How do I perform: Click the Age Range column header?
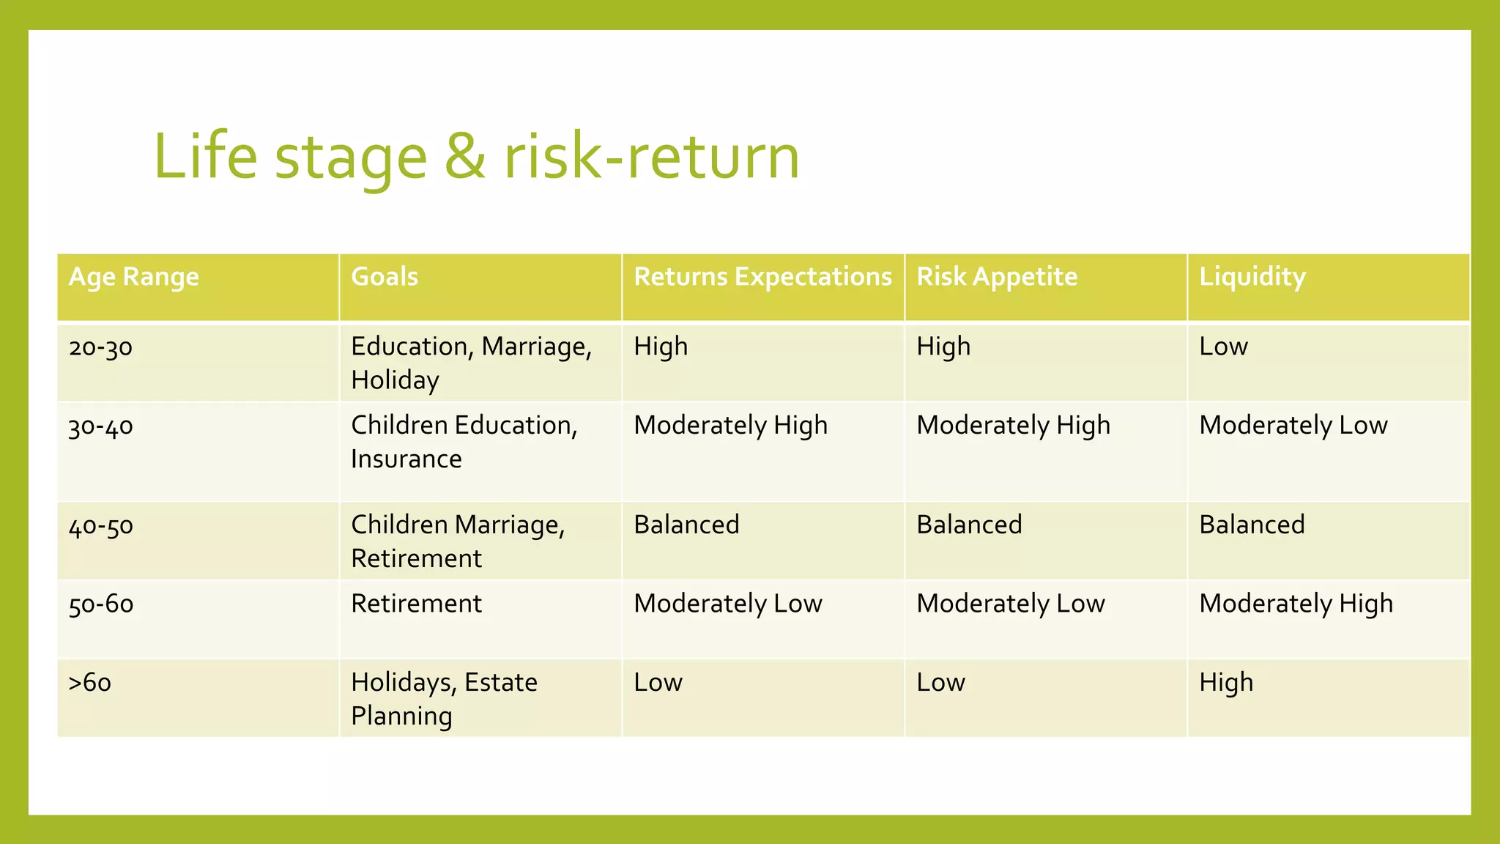click(x=133, y=277)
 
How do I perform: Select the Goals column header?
click(x=385, y=277)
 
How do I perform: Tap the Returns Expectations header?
click(x=762, y=277)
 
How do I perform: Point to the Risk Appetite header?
click(x=997, y=277)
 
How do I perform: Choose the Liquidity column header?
click(x=1252, y=277)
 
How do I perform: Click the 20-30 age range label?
click(x=100, y=347)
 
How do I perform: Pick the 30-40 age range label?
click(x=100, y=426)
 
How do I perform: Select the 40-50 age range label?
click(x=100, y=525)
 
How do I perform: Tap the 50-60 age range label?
click(x=100, y=604)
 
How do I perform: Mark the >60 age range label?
click(x=89, y=683)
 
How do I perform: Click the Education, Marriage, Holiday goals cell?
click(x=471, y=363)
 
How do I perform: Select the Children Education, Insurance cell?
click(x=464, y=442)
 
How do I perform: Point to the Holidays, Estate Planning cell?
click(x=444, y=699)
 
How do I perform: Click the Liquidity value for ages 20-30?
click(x=1223, y=347)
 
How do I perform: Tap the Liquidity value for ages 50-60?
click(x=1296, y=604)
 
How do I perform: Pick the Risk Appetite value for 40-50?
click(x=969, y=525)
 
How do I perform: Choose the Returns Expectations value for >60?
click(x=658, y=683)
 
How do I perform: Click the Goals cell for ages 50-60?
click(x=416, y=604)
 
